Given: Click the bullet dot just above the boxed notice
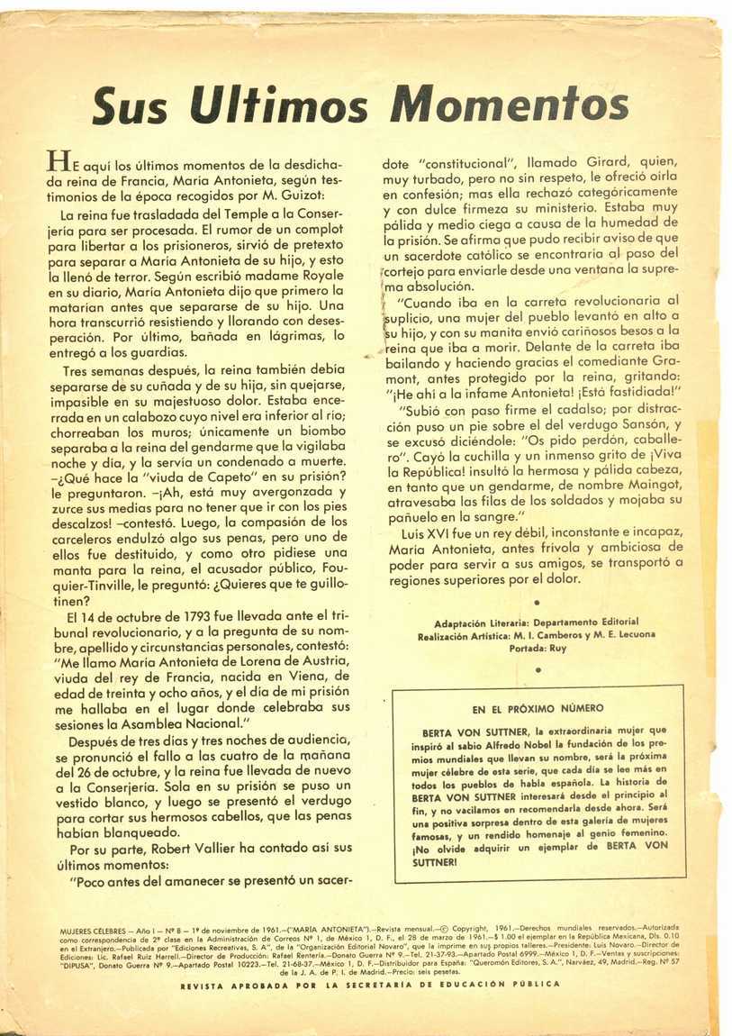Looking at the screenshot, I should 537,669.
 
